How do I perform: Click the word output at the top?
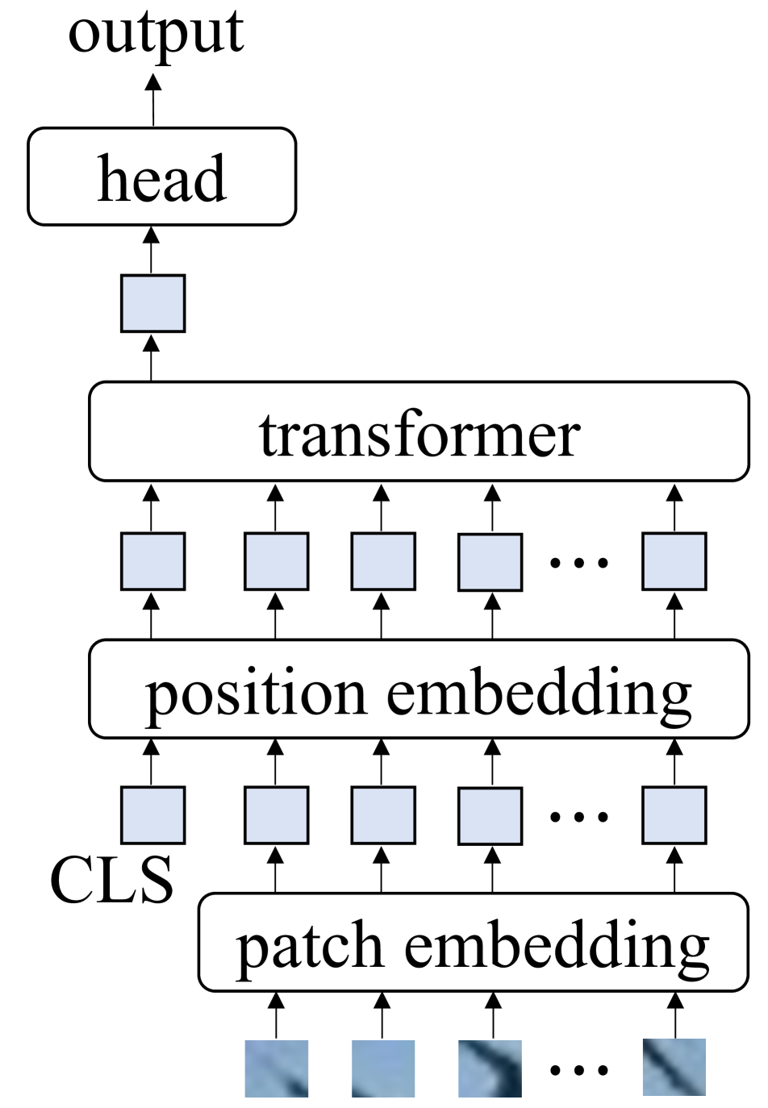[x=156, y=34]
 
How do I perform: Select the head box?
[x=162, y=177]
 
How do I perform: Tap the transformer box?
[x=419, y=432]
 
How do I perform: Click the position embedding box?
[x=419, y=689]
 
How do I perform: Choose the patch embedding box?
[x=474, y=943]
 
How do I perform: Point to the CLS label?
[x=111, y=880]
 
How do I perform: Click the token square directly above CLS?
[x=152, y=815]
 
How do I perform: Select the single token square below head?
[x=152, y=303]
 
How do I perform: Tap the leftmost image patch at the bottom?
[x=277, y=1068]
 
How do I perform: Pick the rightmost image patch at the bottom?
[x=674, y=1068]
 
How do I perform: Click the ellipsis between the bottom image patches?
[x=578, y=1071]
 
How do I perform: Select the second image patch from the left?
[x=383, y=1068]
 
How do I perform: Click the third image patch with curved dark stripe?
[x=490, y=1068]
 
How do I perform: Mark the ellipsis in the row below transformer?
[x=578, y=562]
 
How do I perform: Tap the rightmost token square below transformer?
[x=674, y=561]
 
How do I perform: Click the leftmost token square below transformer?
[x=152, y=561]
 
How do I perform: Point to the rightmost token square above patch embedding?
[x=674, y=815]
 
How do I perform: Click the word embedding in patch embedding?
[x=557, y=945]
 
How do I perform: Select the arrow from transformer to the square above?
[x=151, y=358]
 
